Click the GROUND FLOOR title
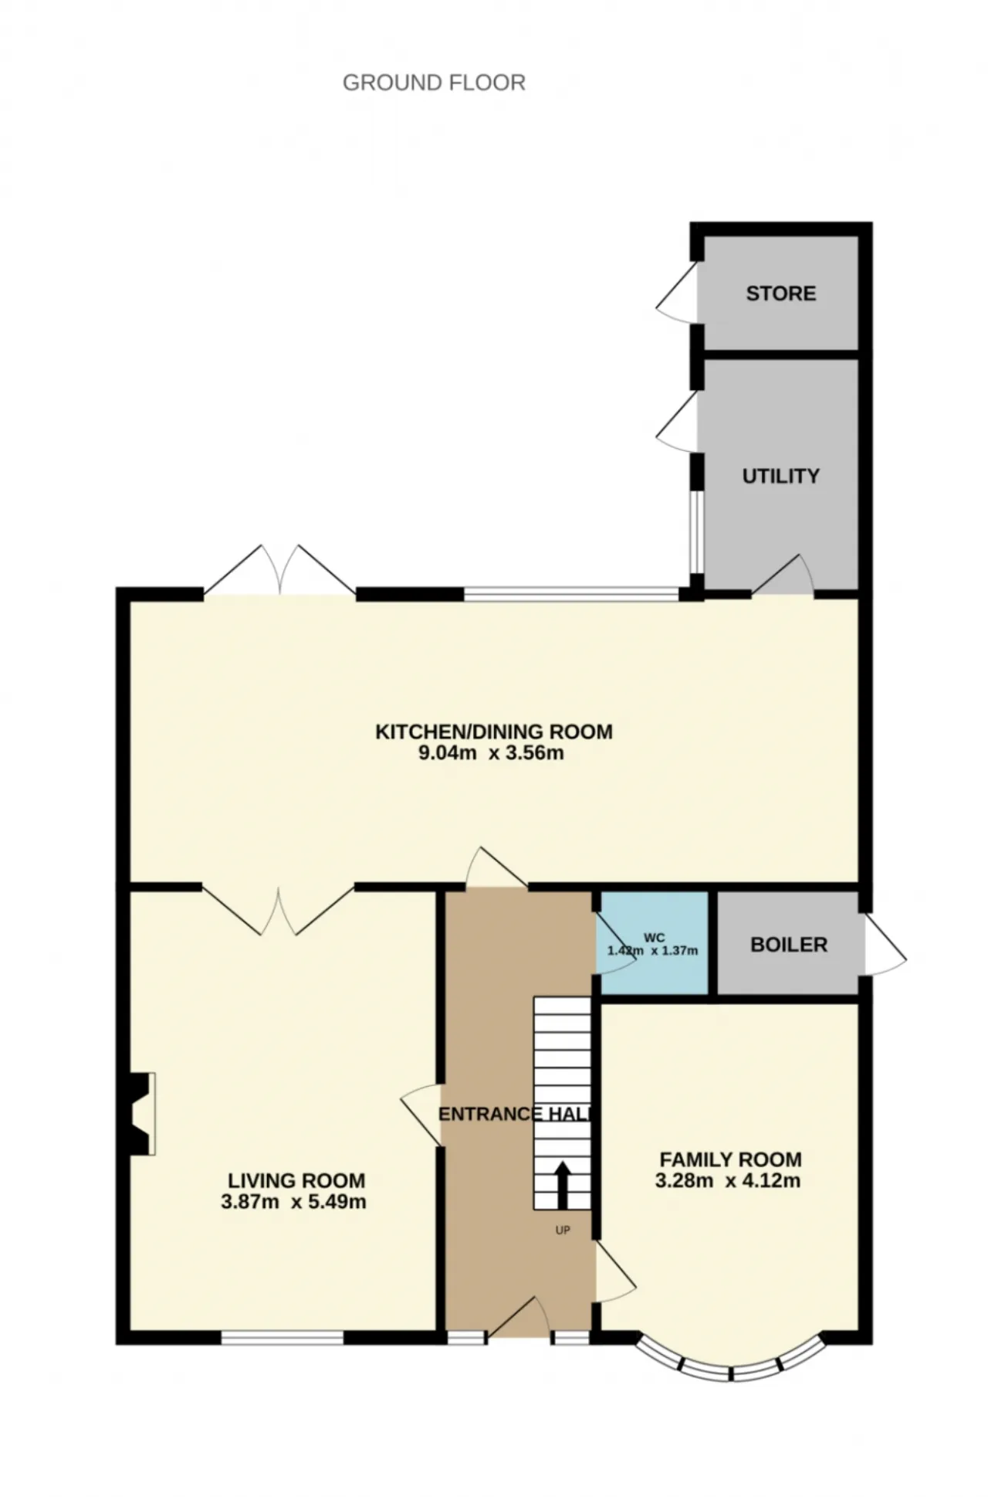click(434, 83)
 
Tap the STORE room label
click(780, 294)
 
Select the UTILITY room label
click(780, 476)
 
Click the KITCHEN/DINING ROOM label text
click(494, 732)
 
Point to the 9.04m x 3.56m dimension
click(491, 753)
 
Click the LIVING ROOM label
click(296, 1180)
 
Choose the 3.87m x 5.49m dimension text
click(293, 1202)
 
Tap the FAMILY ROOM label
click(730, 1159)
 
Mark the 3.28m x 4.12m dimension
click(727, 1181)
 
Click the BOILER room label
click(789, 945)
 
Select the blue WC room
click(654, 944)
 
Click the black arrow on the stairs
click(562, 1185)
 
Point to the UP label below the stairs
click(563, 1230)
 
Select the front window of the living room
click(283, 1337)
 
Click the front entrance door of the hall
click(518, 1316)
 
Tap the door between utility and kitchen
click(783, 575)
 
